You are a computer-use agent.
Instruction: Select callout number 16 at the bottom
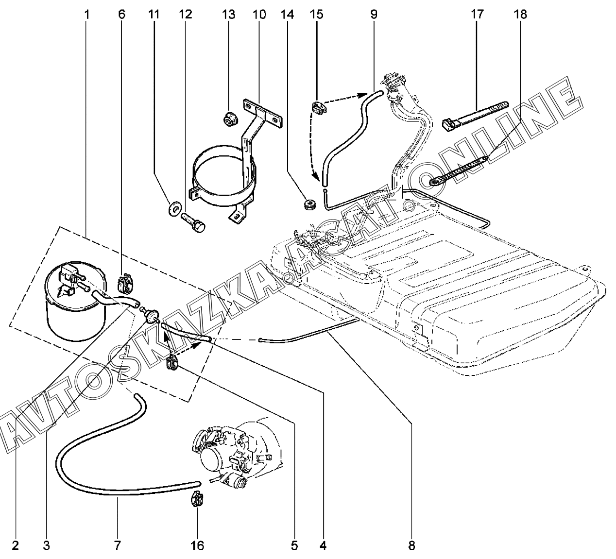(x=197, y=545)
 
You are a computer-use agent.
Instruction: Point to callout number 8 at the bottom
(x=411, y=545)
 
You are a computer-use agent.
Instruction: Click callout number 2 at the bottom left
(x=15, y=545)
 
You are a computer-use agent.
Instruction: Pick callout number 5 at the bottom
(x=294, y=545)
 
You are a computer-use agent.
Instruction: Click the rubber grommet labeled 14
(x=308, y=204)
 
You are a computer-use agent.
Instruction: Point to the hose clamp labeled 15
(x=319, y=108)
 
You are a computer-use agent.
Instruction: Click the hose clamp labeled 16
(x=197, y=499)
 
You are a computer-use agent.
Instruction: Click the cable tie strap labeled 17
(x=474, y=115)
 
